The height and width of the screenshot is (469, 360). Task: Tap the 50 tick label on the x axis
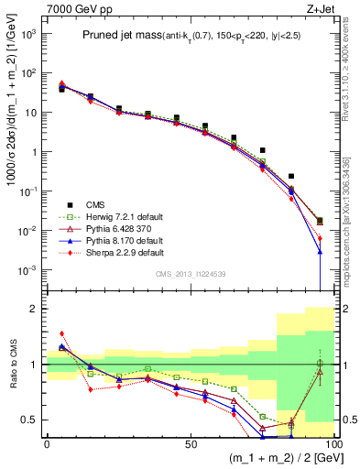click(x=190, y=443)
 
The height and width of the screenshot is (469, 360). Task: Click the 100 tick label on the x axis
click(x=333, y=443)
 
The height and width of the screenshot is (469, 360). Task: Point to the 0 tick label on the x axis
click(x=46, y=443)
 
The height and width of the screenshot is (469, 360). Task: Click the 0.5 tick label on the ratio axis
click(x=31, y=420)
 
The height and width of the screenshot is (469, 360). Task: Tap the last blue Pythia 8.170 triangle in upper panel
click(x=320, y=250)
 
